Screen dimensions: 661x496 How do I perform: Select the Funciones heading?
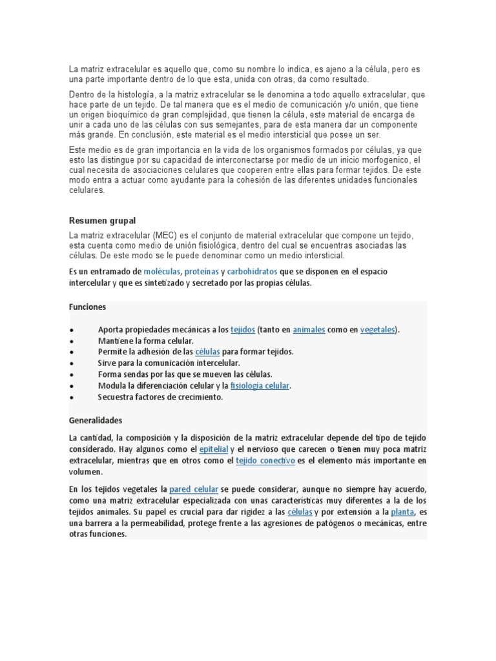(87, 307)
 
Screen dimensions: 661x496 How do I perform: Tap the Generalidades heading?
(96, 420)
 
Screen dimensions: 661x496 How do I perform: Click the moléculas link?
(162, 272)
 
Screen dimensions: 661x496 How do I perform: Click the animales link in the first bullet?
(309, 330)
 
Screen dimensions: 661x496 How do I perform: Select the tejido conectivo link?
(265, 461)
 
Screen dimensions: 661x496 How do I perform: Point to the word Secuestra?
(116, 398)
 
